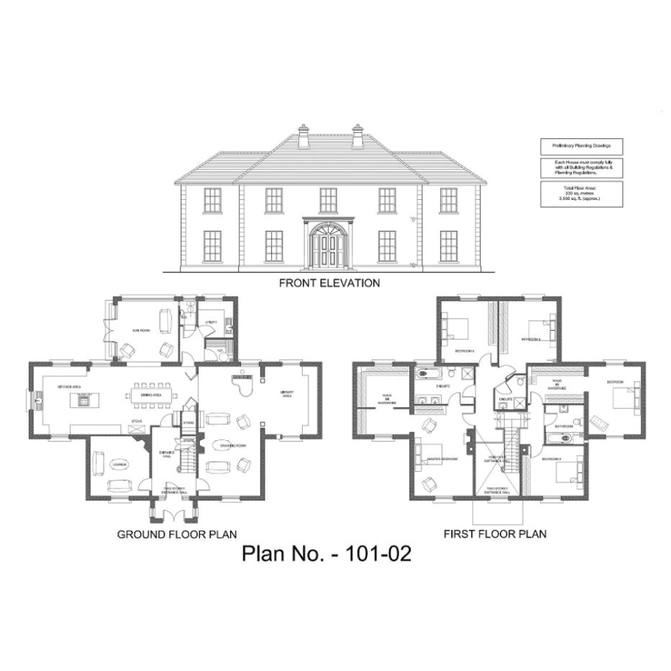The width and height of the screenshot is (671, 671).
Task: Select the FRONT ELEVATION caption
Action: pos(329,283)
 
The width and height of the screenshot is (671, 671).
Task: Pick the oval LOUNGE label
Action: pos(119,464)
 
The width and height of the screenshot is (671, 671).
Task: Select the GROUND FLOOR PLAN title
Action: pos(177,534)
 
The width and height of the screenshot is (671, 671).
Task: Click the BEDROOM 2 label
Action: pos(552,458)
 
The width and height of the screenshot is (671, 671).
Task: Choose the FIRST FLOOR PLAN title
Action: pos(495,534)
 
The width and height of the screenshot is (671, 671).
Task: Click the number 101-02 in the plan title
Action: pos(378,554)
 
